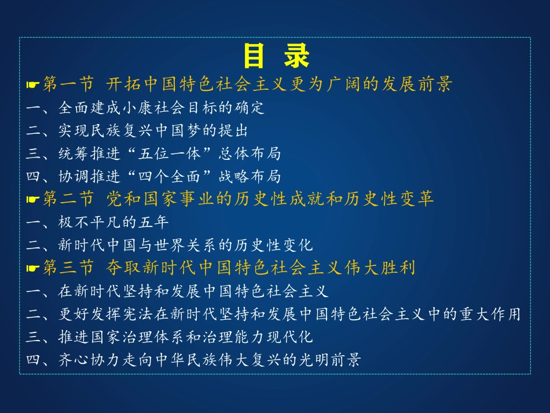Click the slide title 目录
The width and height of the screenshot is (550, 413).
pos(276,56)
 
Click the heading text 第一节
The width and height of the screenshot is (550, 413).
pos(68,85)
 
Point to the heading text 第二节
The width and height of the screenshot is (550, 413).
pos(68,199)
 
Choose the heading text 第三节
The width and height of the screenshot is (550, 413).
pos(68,268)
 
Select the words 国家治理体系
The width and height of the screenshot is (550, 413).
pos(133,337)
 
